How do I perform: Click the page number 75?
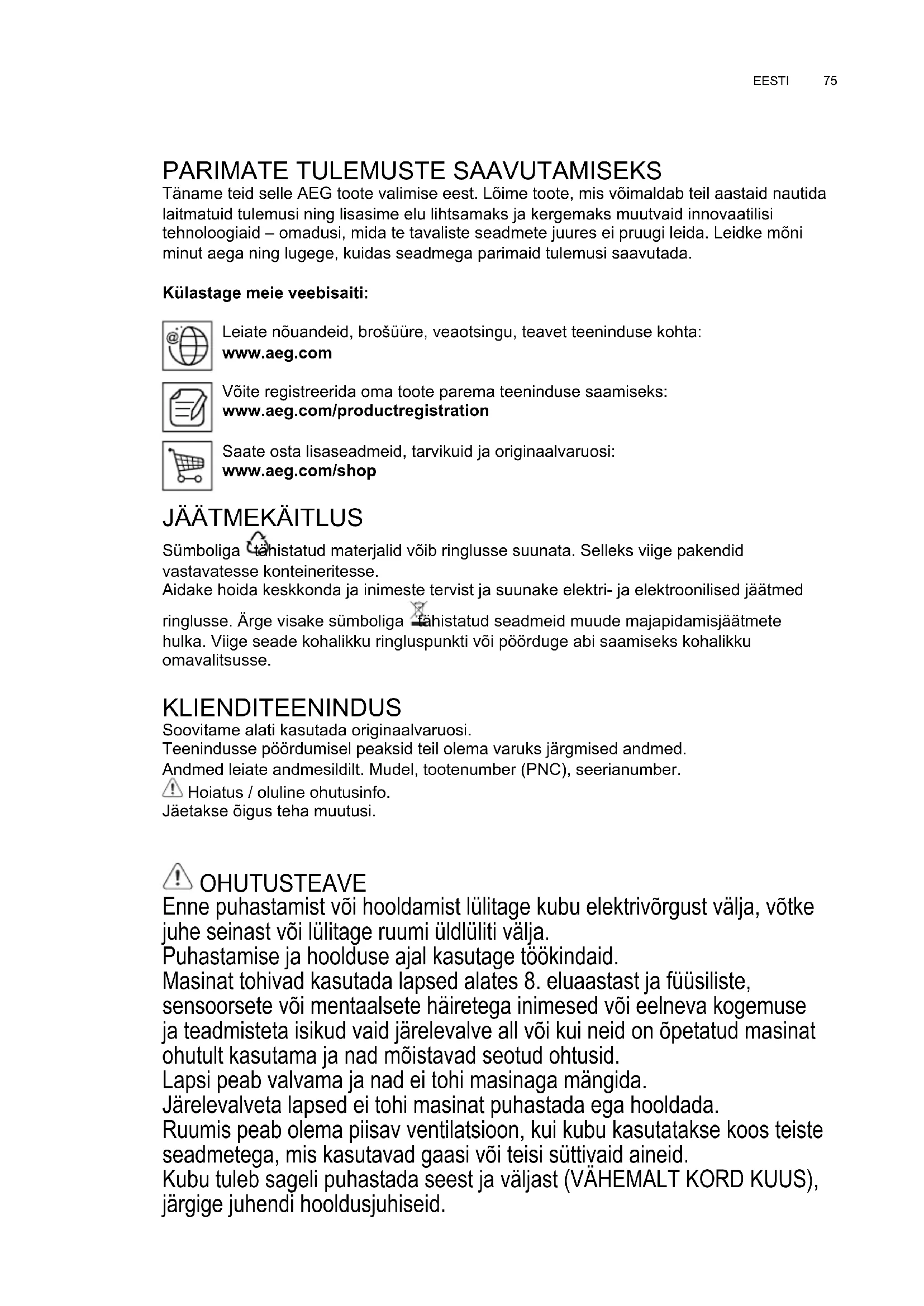point(830,81)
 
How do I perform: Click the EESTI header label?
point(770,81)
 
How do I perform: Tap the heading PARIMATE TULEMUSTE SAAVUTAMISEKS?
point(412,171)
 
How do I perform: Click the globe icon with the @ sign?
point(187,345)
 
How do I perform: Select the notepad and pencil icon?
point(187,406)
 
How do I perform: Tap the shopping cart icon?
point(187,465)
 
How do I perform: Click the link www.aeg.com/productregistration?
point(355,411)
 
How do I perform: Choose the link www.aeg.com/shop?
point(299,471)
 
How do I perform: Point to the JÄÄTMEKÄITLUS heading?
point(263,518)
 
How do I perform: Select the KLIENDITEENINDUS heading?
point(282,707)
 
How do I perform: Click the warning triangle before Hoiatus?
point(172,788)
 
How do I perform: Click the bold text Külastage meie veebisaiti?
point(265,294)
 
